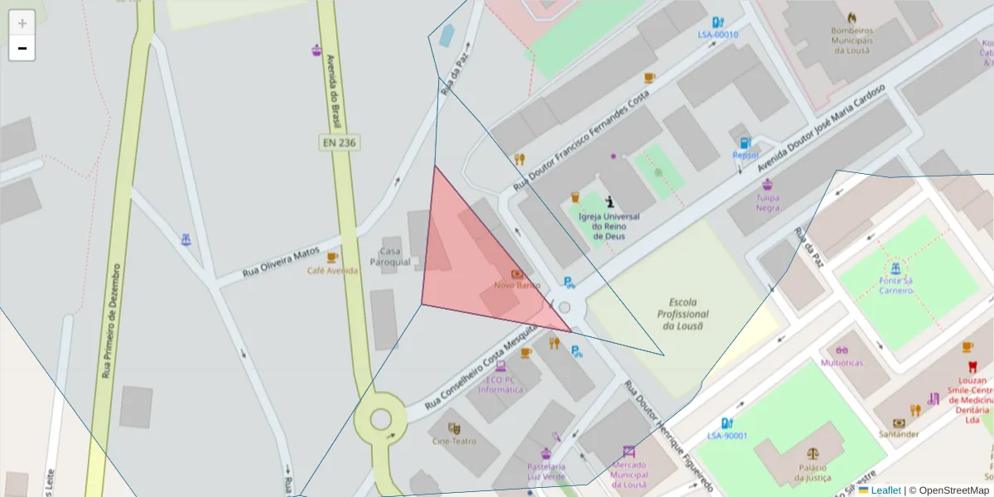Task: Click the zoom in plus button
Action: (x=22, y=23)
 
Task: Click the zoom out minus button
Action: (x=22, y=48)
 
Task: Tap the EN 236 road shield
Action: (x=338, y=142)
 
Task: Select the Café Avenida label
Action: (x=333, y=271)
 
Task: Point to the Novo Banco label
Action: (x=517, y=285)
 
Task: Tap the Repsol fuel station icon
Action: (x=745, y=142)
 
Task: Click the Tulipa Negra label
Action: (x=767, y=203)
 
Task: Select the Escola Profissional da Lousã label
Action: (x=683, y=314)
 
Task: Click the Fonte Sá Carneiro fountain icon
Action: (x=895, y=268)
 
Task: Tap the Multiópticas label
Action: (x=842, y=363)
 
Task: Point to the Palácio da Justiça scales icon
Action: (x=811, y=454)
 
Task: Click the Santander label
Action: (x=899, y=434)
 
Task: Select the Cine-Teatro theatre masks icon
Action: (x=454, y=428)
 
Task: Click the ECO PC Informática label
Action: (x=500, y=384)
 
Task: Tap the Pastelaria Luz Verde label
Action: (x=546, y=471)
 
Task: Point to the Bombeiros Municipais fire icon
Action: (x=852, y=17)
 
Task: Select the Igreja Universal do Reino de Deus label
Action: (x=609, y=225)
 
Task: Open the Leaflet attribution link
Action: (x=885, y=490)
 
